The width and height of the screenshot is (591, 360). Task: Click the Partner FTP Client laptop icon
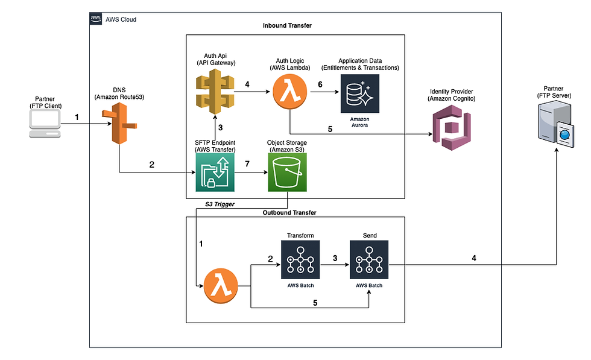(45, 124)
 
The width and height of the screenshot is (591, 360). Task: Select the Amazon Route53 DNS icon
(119, 125)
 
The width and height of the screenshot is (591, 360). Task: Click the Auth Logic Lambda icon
(291, 93)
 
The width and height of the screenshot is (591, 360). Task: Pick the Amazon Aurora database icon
(360, 93)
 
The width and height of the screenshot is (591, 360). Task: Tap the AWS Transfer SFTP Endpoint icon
(215, 172)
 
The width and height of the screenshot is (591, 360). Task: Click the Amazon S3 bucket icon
(287, 172)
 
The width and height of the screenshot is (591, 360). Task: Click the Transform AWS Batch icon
(300, 260)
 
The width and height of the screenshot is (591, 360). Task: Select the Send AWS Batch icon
(369, 260)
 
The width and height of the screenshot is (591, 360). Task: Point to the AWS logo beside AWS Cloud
(96, 19)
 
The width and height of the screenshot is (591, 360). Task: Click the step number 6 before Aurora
(320, 84)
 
